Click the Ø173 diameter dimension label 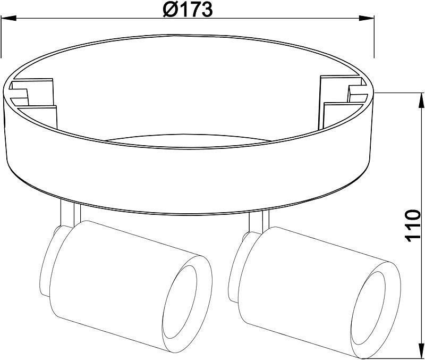(x=188, y=9)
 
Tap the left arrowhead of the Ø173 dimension (x=8, y=19)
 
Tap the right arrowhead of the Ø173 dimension (x=367, y=19)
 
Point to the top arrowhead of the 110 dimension (x=422, y=101)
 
